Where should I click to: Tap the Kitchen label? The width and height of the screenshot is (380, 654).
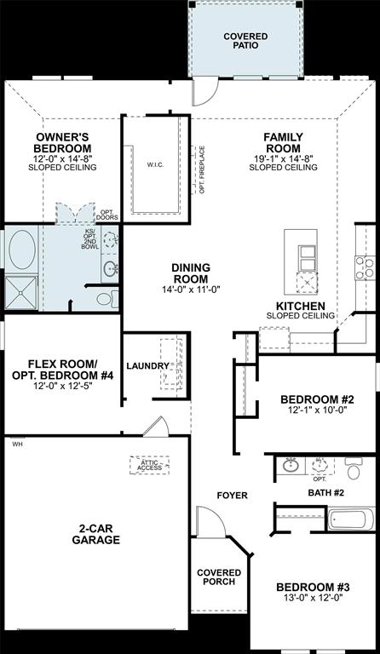pyautogui.click(x=299, y=305)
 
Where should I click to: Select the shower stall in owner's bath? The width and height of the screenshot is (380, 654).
pyautogui.click(x=21, y=292)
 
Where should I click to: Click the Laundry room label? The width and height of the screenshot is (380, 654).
pyautogui.click(x=148, y=366)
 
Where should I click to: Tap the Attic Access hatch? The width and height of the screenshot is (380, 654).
pyautogui.click(x=149, y=465)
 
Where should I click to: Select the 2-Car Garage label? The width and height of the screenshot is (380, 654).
pyautogui.click(x=95, y=533)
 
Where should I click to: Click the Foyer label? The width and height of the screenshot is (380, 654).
pyautogui.click(x=232, y=495)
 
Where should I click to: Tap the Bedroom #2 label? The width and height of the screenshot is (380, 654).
pyautogui.click(x=316, y=399)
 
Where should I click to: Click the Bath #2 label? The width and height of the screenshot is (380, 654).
pyautogui.click(x=325, y=492)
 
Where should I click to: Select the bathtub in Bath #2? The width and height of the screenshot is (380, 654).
pyautogui.click(x=351, y=518)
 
